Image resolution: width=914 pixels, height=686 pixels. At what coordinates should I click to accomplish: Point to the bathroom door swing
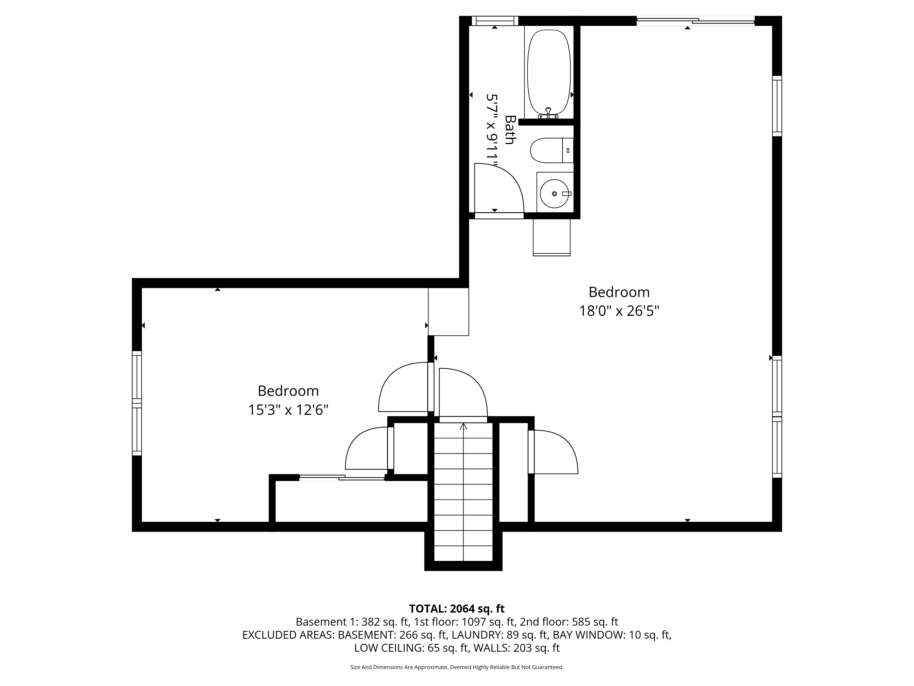tap(499, 188)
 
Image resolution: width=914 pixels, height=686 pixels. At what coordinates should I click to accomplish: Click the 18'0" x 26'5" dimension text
tap(619, 311)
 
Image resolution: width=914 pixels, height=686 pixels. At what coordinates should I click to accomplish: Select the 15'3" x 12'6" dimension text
tap(288, 410)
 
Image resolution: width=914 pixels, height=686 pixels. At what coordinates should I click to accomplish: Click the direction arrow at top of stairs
tap(463, 426)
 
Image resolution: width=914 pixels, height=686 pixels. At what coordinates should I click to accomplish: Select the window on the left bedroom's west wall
tap(137, 403)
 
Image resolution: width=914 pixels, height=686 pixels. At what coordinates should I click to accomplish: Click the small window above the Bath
tap(495, 21)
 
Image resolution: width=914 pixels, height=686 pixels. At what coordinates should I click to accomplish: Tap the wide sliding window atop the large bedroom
tap(695, 21)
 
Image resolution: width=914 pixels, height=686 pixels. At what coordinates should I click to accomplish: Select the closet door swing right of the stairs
tap(554, 452)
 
